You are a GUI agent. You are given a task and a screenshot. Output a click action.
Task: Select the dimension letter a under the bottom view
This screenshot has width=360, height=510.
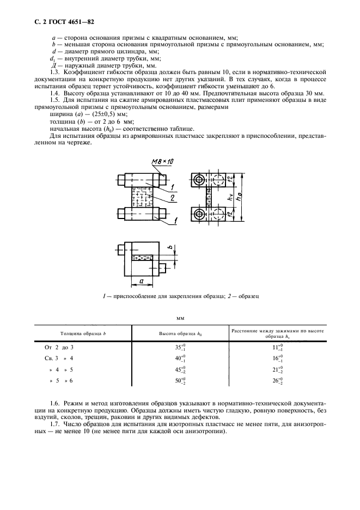pyautogui.click(x=141, y=280)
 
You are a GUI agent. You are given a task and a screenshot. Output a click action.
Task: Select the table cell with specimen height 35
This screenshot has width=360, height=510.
pyautogui.click(x=180, y=348)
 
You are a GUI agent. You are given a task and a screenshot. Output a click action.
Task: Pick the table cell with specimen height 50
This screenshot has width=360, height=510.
pyautogui.click(x=180, y=381)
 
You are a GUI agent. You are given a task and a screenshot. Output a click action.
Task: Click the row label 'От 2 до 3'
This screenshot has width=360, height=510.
pyautogui.click(x=58, y=348)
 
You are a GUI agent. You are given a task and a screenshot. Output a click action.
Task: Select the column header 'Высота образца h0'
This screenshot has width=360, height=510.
pyautogui.click(x=180, y=333)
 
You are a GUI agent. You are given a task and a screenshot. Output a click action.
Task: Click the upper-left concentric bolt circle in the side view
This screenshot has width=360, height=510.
pyautogui.click(x=199, y=180)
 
